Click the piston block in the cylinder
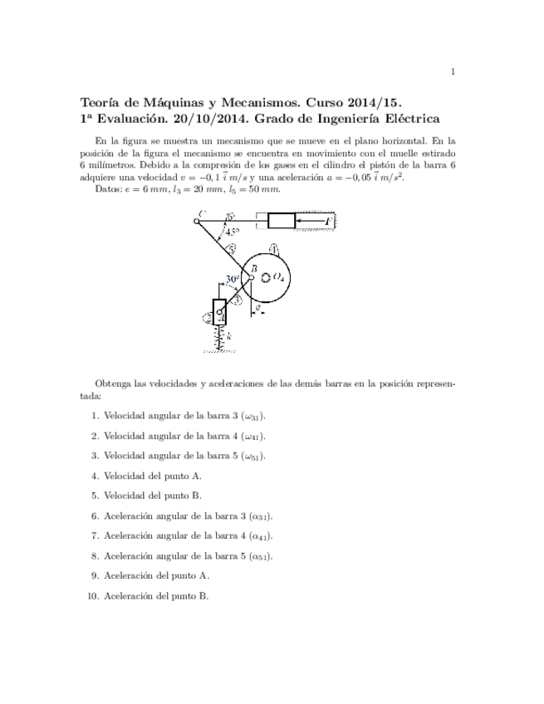(282, 220)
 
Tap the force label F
(329, 221)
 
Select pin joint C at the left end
(196, 220)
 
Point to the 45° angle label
(231, 232)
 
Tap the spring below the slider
(219, 337)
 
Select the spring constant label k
(228, 336)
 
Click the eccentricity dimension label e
(259, 307)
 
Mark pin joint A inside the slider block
(219, 312)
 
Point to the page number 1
(453, 71)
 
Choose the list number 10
(93, 595)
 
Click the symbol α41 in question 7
(260, 536)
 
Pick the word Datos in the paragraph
(109, 188)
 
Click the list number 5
(95, 496)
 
